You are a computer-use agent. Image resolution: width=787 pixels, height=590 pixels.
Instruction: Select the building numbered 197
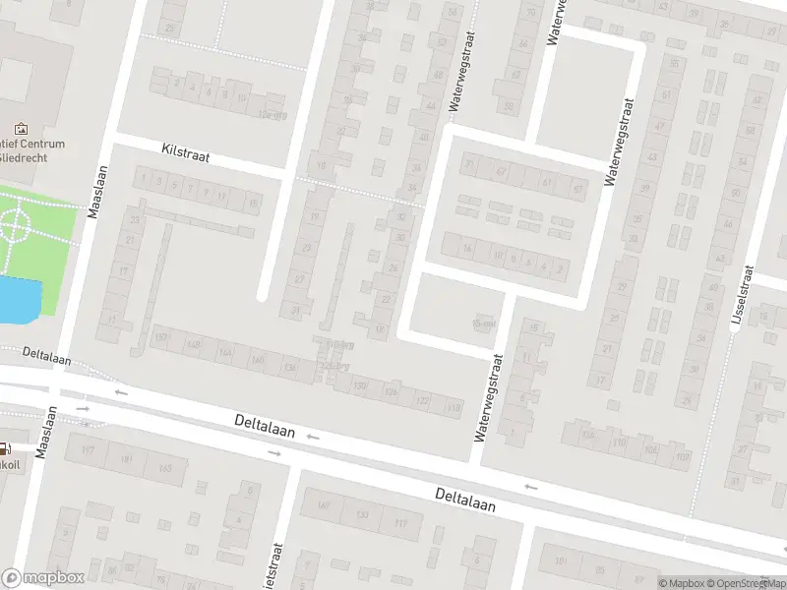[x=88, y=452]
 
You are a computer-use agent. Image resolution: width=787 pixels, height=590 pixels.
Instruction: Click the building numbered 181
[x=126, y=460]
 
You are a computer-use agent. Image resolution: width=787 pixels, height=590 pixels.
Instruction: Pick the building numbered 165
[x=164, y=469]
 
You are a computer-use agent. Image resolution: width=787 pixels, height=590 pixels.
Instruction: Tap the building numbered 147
[x=325, y=507]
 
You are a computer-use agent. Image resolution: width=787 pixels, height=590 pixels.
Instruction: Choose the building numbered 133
[x=362, y=515]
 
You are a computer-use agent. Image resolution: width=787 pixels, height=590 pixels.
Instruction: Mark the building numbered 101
[x=563, y=561]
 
